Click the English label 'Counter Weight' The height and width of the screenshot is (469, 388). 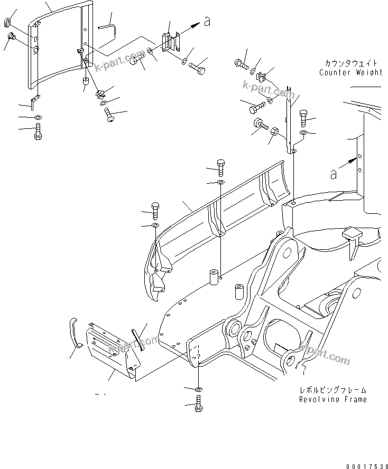point(350,72)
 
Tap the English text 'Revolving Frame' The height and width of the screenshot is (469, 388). point(332,399)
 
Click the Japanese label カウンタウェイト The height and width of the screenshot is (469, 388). point(350,63)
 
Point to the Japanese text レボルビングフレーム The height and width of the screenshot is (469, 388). point(332,390)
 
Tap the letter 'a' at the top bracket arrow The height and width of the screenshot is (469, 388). point(207,22)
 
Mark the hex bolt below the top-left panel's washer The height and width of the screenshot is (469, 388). point(38,131)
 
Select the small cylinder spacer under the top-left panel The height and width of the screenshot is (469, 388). point(85,82)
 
